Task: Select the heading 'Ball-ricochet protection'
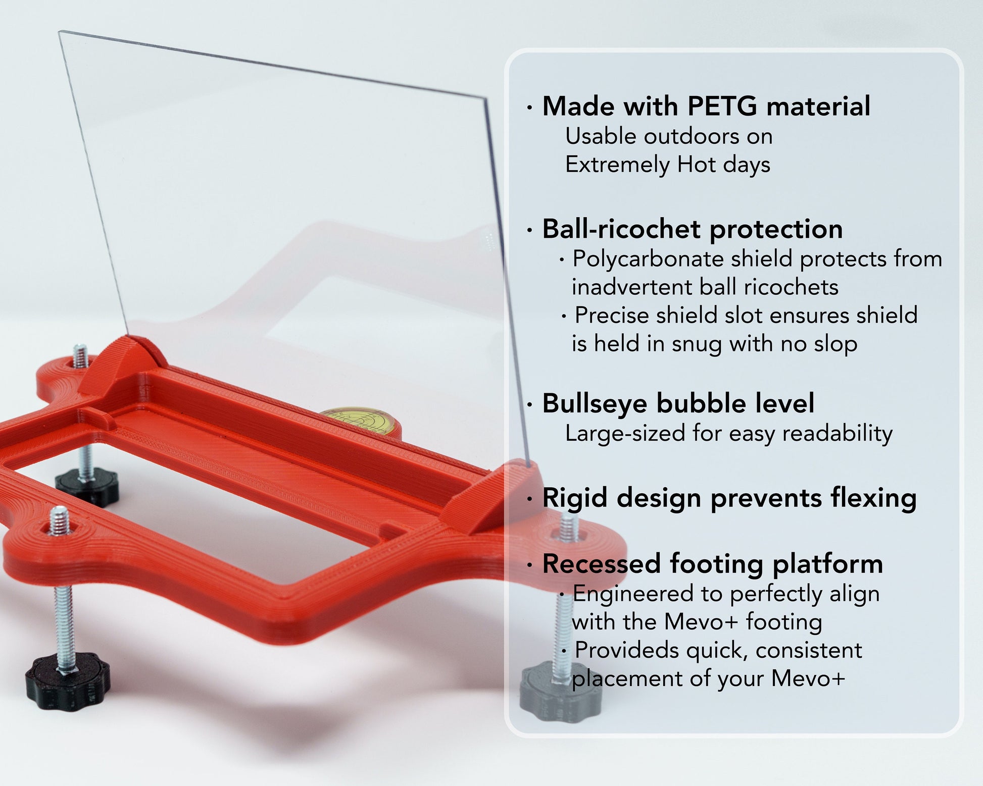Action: (693, 230)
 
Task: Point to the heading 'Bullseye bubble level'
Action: (678, 404)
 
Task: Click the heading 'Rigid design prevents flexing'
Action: (729, 499)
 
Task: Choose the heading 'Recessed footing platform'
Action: (712, 564)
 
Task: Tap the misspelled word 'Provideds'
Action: (628, 651)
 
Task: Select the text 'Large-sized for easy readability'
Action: (729, 434)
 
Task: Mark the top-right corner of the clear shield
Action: (485, 99)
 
